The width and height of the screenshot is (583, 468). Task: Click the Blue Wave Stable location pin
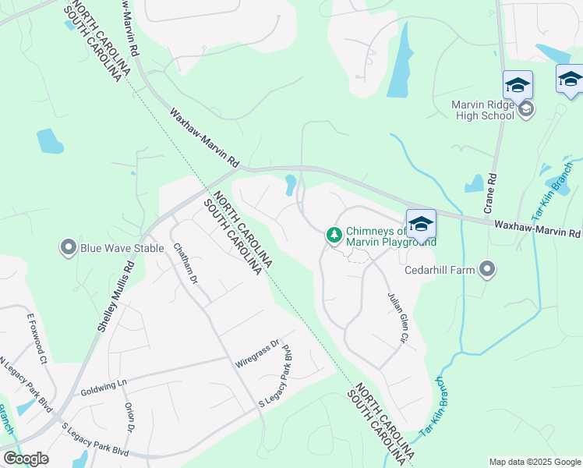point(68,249)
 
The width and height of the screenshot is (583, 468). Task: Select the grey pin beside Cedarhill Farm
point(487,270)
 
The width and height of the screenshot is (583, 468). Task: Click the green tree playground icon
point(334,234)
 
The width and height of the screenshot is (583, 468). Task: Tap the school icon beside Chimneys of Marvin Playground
point(420,225)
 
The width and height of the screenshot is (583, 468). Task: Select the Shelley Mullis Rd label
point(116,296)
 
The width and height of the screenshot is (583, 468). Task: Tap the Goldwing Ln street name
point(103,385)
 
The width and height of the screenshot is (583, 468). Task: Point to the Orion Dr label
point(129,418)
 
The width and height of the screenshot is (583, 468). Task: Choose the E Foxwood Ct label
point(37,337)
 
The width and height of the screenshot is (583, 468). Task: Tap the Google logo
point(26,459)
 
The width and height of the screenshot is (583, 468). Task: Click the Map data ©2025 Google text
point(534,462)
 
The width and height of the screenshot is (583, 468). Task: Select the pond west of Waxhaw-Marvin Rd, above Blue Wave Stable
point(49,141)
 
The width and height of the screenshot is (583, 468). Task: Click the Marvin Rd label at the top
point(129,27)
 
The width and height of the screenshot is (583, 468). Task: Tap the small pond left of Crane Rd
point(474,184)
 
